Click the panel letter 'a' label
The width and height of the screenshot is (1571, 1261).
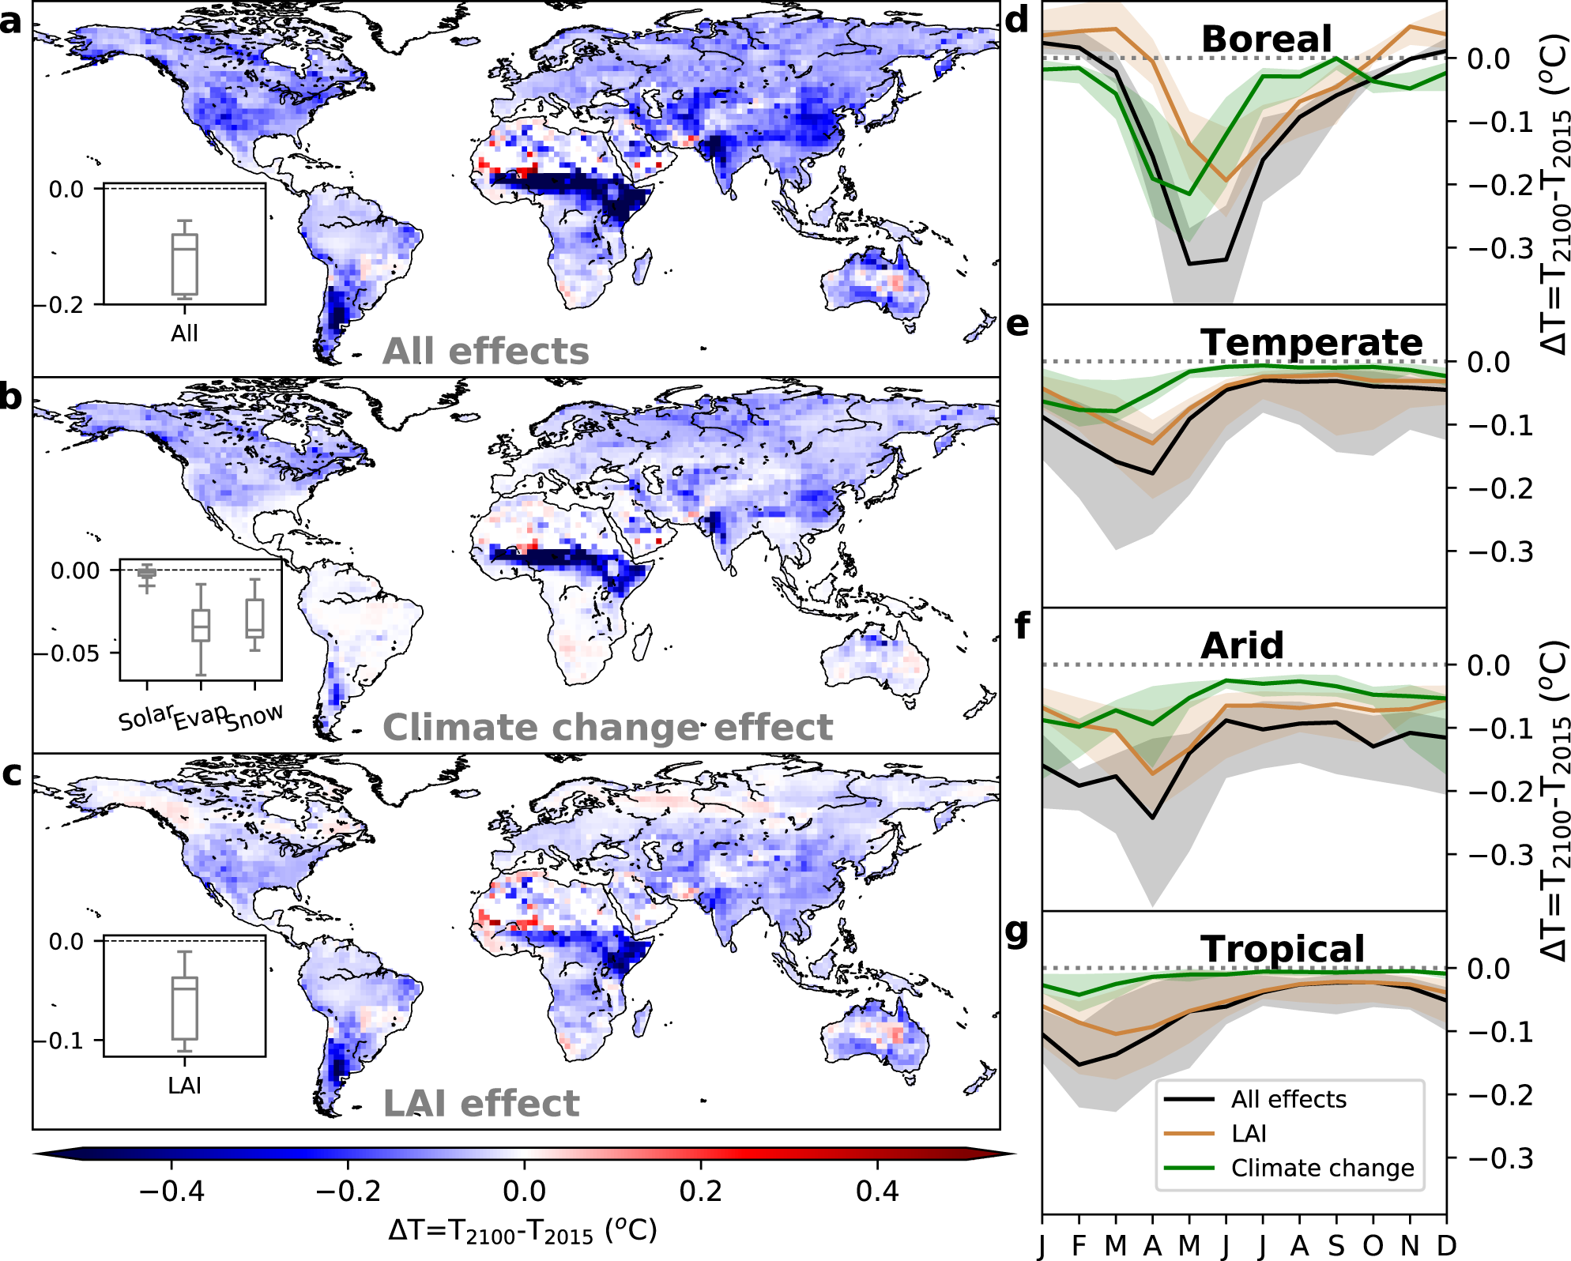click(x=10, y=21)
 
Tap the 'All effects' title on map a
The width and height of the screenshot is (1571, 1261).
click(x=485, y=351)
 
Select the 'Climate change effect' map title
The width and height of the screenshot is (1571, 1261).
click(x=607, y=727)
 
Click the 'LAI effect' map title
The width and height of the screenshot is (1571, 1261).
click(x=480, y=1103)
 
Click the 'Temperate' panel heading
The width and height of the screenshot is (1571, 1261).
click(x=1311, y=342)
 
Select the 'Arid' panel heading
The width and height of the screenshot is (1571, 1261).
click(x=1241, y=646)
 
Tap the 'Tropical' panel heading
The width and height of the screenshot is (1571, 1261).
click(x=1282, y=948)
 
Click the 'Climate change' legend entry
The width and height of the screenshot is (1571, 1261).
click(x=1322, y=1168)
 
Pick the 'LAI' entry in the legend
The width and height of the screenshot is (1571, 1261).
click(x=1249, y=1134)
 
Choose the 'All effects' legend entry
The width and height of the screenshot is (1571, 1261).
click(x=1288, y=1099)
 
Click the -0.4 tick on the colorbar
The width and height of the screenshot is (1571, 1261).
click(x=171, y=1190)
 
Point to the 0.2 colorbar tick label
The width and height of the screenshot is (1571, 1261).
click(x=700, y=1190)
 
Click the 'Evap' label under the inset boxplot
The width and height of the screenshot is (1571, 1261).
click(x=200, y=717)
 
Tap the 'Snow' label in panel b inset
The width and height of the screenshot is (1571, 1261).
click(x=254, y=717)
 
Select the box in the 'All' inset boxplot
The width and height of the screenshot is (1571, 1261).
click(x=185, y=264)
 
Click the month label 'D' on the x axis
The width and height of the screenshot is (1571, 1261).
click(x=1446, y=1245)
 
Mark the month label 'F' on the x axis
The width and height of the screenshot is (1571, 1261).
click(x=1079, y=1245)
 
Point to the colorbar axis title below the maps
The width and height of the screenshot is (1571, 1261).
click(x=522, y=1231)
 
